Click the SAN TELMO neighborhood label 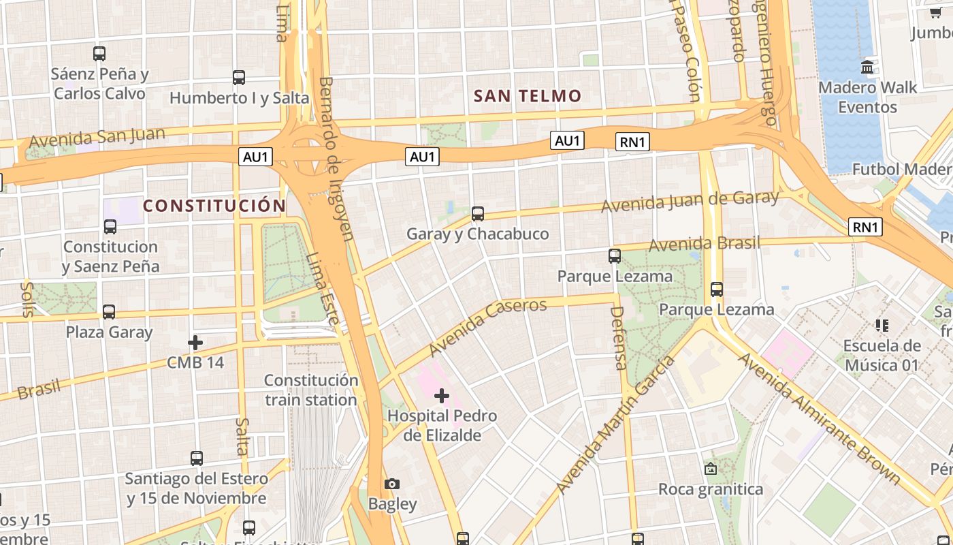click(528, 96)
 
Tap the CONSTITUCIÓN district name click(214, 206)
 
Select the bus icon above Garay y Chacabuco click(478, 214)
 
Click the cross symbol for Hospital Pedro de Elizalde click(442, 395)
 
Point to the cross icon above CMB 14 click(195, 342)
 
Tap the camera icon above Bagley click(391, 484)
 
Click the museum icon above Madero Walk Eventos click(867, 67)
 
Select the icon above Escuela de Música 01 click(882, 326)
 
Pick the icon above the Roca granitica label click(711, 469)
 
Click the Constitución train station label click(311, 390)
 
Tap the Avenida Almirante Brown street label click(820, 417)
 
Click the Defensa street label click(618, 338)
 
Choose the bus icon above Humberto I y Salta click(238, 78)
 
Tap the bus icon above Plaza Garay click(109, 312)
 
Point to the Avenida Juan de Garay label click(690, 201)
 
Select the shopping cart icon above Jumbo click(935, 13)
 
